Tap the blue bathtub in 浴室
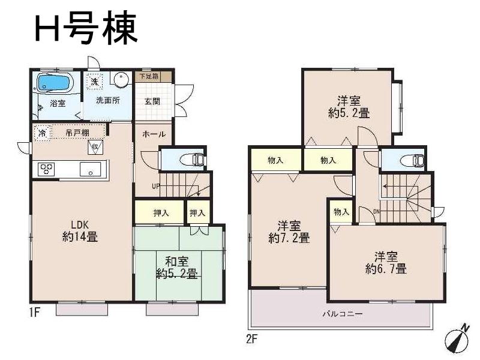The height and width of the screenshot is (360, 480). (x=55, y=83)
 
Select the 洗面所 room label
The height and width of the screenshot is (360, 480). (x=108, y=100)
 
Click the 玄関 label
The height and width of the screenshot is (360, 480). (x=152, y=101)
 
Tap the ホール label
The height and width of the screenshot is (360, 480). (x=154, y=134)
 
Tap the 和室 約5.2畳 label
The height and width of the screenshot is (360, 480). (x=177, y=268)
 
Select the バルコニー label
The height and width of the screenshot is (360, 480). (x=341, y=313)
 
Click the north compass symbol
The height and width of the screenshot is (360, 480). (x=456, y=338)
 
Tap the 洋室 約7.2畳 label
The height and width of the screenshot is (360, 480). (x=289, y=232)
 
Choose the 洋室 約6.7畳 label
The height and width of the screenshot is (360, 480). (x=386, y=263)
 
